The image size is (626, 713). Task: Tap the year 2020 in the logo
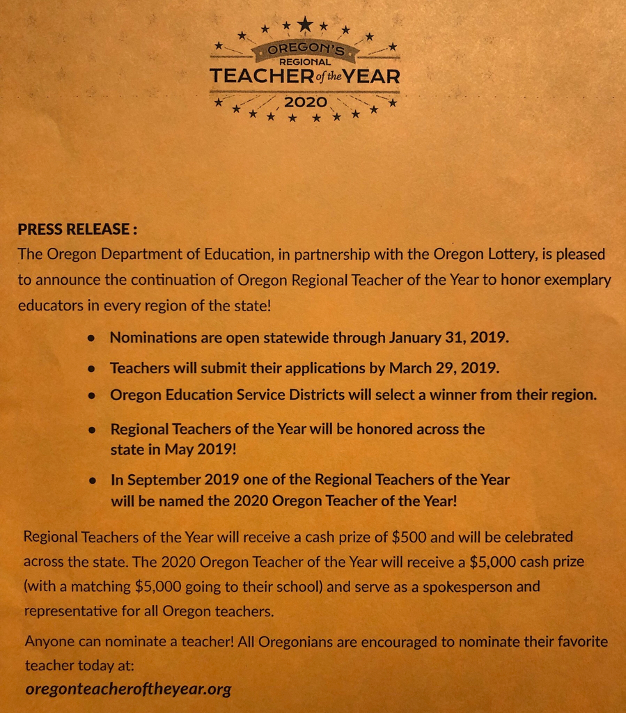click(305, 102)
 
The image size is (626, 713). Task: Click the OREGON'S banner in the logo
click(305, 50)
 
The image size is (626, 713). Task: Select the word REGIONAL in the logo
click(305, 62)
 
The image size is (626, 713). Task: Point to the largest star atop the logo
click(305, 24)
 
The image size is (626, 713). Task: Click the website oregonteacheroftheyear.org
click(128, 689)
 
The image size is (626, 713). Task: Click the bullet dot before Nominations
click(91, 339)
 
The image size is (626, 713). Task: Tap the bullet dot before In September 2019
click(91, 481)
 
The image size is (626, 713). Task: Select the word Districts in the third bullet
click(309, 395)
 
